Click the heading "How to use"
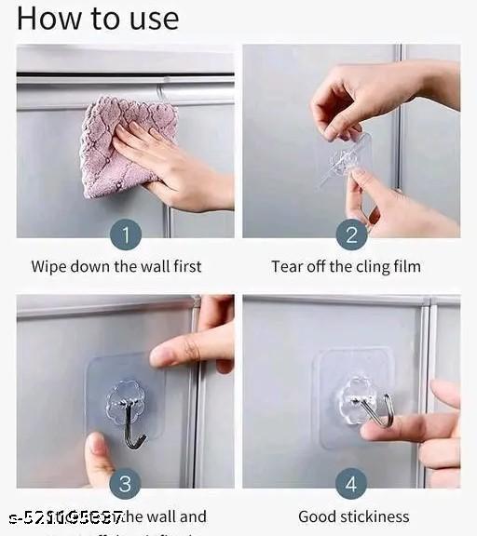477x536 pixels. click(98, 19)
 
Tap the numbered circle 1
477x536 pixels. click(125, 234)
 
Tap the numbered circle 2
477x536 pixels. click(351, 234)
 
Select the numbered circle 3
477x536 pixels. click(125, 482)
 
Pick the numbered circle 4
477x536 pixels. click(351, 482)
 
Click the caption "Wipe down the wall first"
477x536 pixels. click(116, 267)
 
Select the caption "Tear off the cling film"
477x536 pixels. click(346, 267)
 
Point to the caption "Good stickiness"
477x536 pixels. click(353, 516)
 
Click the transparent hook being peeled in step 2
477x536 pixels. click(343, 158)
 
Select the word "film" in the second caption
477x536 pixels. click(405, 267)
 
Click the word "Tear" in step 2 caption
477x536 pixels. click(287, 267)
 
